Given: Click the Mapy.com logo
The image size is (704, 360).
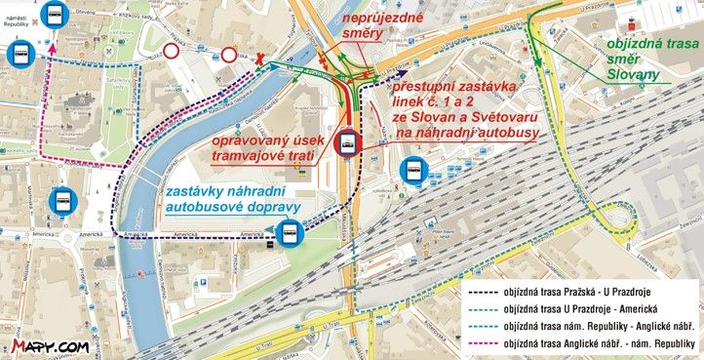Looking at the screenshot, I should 51,345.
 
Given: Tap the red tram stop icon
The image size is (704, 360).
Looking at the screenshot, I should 347,144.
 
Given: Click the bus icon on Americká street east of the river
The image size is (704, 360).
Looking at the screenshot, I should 289,233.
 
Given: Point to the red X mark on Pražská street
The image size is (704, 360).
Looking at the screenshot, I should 259,60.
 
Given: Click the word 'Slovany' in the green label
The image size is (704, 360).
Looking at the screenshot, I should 633,74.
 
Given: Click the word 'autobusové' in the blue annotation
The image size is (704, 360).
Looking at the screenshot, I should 207,206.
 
